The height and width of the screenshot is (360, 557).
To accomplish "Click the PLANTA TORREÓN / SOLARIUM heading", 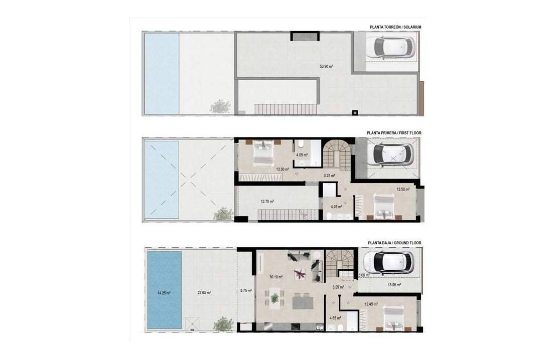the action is coord(395,27).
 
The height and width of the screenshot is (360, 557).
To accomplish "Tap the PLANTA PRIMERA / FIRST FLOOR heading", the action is coord(394,133).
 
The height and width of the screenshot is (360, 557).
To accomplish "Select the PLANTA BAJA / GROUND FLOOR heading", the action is coord(394,243).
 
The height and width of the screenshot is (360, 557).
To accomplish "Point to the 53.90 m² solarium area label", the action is coord(326,66).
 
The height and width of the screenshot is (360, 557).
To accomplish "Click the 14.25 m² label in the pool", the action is coord(164,293).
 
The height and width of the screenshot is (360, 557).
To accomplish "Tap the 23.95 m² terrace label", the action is coord(204,293).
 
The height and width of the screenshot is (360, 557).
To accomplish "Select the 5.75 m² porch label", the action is coord(246,291).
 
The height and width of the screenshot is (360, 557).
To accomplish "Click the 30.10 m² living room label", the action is coord(275,277).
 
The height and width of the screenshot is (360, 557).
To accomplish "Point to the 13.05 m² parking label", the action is coord(394,285).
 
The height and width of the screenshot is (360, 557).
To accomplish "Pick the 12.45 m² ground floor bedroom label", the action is coord(371,304).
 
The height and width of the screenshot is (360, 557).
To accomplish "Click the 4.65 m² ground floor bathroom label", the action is coord(335,318).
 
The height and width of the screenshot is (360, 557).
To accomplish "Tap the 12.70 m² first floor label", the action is coord(267,202).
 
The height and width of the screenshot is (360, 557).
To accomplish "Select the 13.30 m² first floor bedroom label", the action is coord(283,169).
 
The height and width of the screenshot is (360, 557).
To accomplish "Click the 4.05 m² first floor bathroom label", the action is coord(302,155).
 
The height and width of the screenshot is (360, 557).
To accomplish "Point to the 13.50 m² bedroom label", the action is coord(403,190).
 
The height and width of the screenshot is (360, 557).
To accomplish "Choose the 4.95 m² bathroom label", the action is coord(336,207).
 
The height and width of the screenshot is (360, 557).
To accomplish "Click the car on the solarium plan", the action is coord(390,47).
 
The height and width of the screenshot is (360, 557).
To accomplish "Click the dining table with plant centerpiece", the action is coord(274,299).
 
